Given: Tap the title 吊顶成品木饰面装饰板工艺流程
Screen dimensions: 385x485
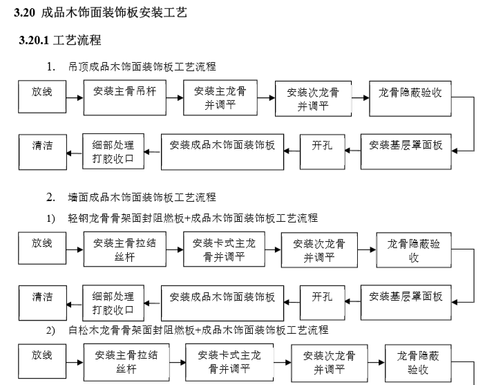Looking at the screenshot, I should (x=142, y=67).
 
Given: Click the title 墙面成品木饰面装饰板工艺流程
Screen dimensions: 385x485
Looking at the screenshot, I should (x=142, y=198).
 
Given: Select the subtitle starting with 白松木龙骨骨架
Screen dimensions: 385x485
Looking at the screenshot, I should (x=197, y=330).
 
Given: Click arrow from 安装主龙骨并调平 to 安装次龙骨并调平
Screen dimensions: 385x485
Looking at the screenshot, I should (x=265, y=98).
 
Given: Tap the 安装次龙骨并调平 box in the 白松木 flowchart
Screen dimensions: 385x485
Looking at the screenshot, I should (x=329, y=362).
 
